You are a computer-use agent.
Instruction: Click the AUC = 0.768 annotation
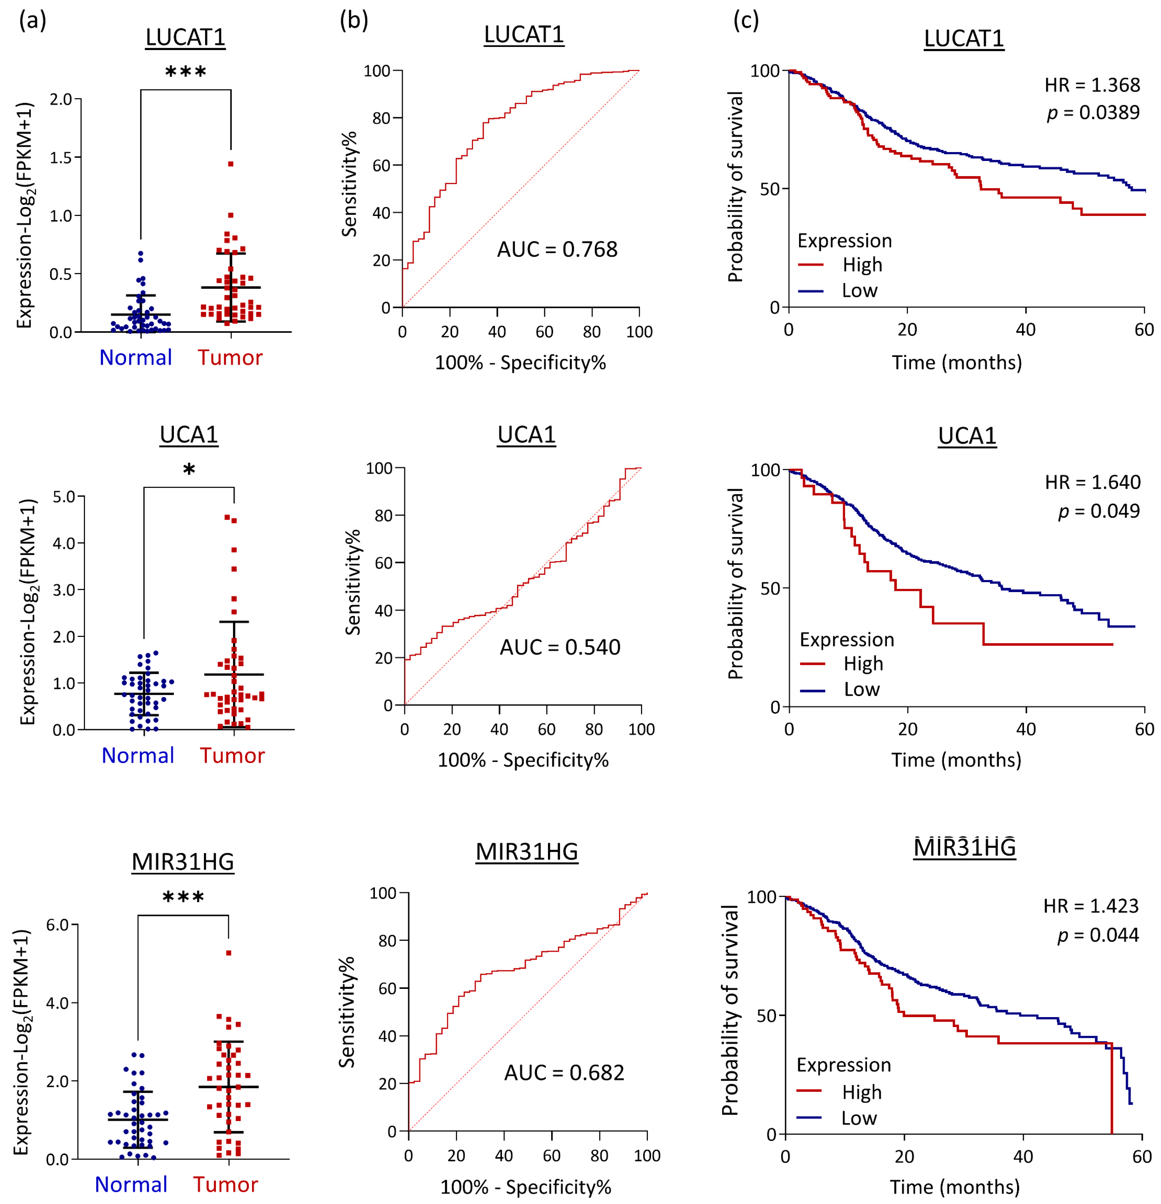point(557,249)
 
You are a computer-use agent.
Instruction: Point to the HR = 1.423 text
point(1090,905)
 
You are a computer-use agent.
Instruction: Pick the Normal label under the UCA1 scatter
point(138,755)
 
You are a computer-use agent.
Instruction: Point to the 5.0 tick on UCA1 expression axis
point(64,496)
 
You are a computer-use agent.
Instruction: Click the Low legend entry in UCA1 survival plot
point(861,689)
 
